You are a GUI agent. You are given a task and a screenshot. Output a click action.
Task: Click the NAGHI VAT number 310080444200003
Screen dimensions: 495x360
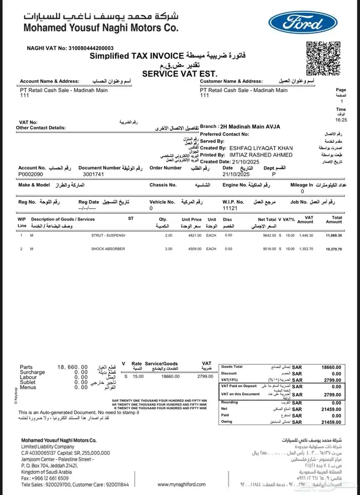coord(89,48)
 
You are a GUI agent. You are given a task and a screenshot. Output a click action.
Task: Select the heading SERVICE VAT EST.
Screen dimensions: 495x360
coord(179,74)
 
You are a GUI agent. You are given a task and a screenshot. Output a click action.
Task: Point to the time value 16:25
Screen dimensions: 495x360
coord(341,119)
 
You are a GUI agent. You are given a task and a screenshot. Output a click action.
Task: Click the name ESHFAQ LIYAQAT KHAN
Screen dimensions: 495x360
coord(261,148)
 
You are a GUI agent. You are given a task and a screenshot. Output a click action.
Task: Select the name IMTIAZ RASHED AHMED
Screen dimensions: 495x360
coord(261,155)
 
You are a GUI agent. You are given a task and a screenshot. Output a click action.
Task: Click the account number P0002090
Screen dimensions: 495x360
coord(32,174)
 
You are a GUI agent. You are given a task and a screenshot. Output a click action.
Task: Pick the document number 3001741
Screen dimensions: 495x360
coord(94,174)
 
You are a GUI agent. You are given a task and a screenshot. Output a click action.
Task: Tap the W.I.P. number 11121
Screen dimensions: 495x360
coord(229,209)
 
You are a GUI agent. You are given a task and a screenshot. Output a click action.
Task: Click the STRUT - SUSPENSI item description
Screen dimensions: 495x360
coord(109,235)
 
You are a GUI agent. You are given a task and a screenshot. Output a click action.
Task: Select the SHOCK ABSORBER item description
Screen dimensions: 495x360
coord(108,249)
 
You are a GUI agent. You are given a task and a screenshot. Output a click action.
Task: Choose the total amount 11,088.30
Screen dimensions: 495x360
coord(333,235)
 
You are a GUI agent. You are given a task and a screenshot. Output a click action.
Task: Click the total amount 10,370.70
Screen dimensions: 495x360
coord(333,249)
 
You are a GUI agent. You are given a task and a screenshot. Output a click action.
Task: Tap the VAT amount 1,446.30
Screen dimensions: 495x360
coord(305,235)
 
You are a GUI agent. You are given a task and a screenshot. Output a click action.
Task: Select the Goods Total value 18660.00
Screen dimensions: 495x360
coord(331,368)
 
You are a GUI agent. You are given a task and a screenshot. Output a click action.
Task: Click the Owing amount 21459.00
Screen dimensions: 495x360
coord(331,421)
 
